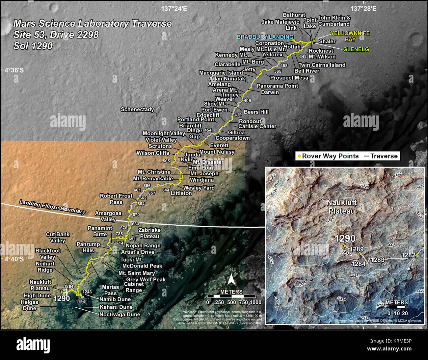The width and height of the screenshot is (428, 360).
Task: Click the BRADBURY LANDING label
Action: pyautogui.click(x=265, y=37)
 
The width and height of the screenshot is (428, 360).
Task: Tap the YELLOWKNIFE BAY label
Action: pyautogui.click(x=350, y=36)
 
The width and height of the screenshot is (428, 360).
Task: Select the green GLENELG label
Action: pyautogui.click(x=356, y=49)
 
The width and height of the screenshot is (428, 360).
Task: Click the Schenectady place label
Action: pyautogui.click(x=137, y=109)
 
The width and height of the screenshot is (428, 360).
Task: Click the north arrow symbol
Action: pyautogui.click(x=231, y=280)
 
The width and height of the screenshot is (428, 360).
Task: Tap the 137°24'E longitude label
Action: pyautogui.click(x=174, y=9)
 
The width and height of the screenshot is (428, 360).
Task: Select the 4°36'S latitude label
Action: pyautogui.click(x=14, y=70)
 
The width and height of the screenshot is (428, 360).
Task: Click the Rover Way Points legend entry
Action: pyautogui.click(x=328, y=156)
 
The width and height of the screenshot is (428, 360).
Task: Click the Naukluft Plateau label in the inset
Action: pyautogui.click(x=342, y=207)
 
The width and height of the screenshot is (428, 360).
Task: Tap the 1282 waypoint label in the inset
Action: pyautogui.click(x=408, y=255)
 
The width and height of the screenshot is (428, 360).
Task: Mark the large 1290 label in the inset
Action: pyautogui.click(x=345, y=238)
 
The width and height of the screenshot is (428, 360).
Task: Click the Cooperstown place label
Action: pyautogui.click(x=232, y=138)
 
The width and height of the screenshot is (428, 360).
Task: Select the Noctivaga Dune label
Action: pyautogui.click(x=120, y=315)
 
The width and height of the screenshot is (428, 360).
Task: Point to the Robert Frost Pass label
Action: pyautogui.click(x=116, y=199)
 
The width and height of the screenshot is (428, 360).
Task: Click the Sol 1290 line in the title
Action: pyautogui.click(x=33, y=46)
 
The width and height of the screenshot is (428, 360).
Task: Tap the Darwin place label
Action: pyautogui.click(x=270, y=92)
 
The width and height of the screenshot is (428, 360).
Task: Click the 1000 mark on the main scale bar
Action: pyautogui.click(x=255, y=302)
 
